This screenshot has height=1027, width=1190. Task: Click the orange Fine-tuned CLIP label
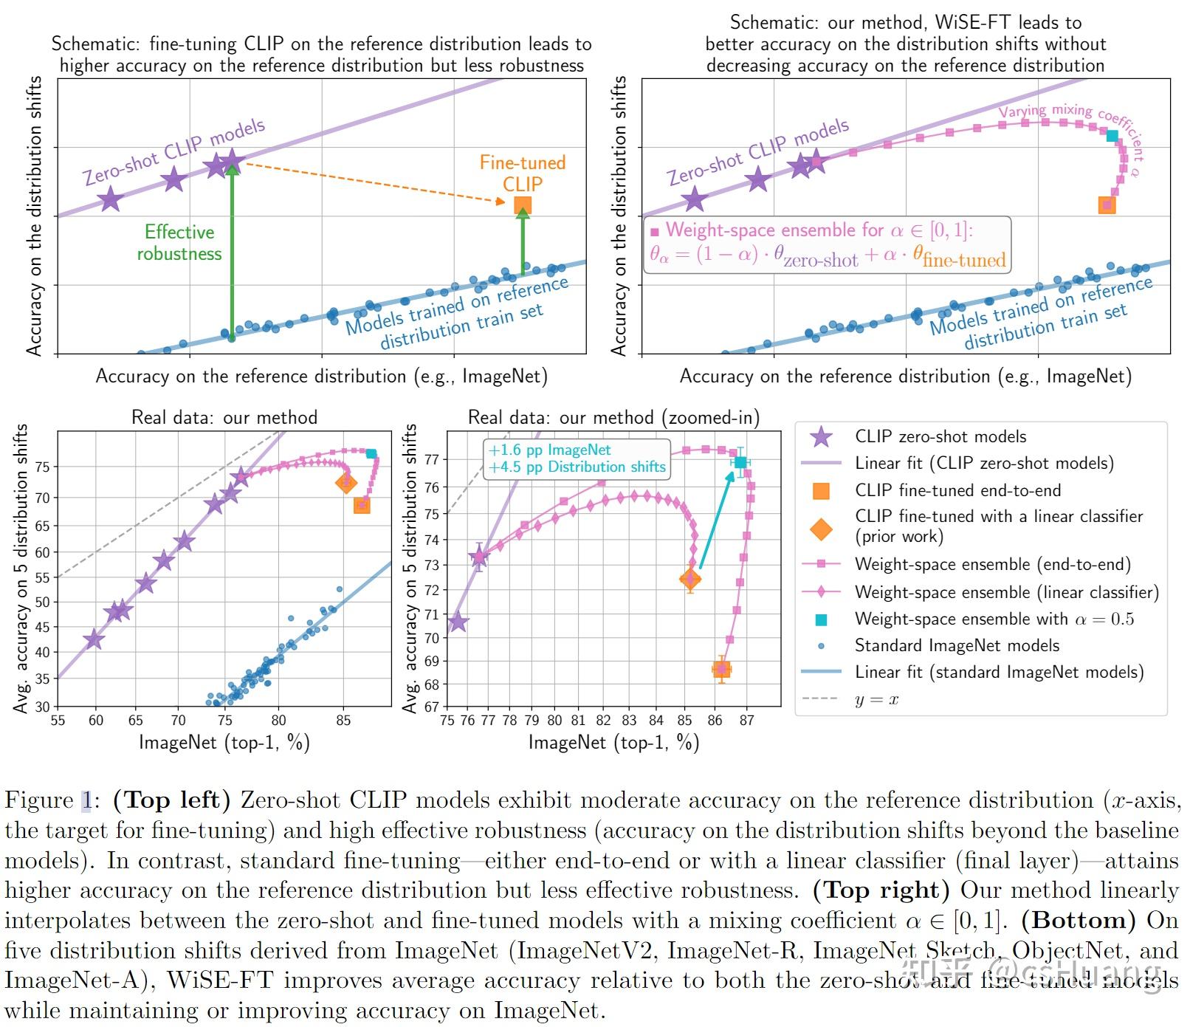coord(522,173)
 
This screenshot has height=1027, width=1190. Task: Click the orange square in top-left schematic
coord(522,205)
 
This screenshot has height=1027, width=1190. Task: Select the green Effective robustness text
coord(179,243)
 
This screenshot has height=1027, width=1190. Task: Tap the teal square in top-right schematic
coord(1112,136)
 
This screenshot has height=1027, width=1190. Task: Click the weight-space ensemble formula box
coord(828,244)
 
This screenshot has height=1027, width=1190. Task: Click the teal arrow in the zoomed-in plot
coord(716,521)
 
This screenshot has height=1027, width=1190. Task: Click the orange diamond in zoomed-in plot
coord(689,580)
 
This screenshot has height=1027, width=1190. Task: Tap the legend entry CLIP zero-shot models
coord(940,436)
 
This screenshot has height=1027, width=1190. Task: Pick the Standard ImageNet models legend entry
coord(957,645)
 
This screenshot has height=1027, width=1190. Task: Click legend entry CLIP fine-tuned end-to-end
coord(957,490)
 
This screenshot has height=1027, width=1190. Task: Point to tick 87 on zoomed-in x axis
coord(747,720)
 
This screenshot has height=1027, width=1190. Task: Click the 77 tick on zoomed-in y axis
coord(432,459)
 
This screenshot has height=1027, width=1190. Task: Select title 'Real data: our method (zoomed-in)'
coord(613,418)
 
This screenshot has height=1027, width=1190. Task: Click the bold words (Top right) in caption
coord(881,890)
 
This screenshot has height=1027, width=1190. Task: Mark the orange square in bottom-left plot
coord(362,506)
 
